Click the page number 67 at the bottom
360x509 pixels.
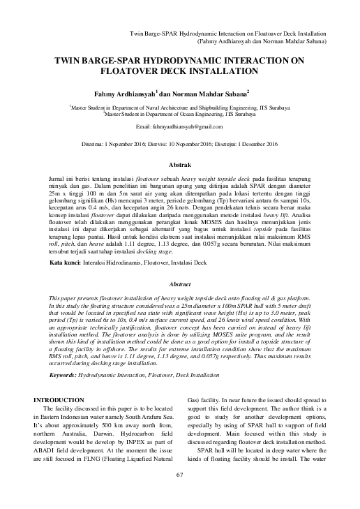coord(179,495)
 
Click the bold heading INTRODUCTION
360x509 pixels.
coord(65,399)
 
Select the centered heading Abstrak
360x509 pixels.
coord(180,164)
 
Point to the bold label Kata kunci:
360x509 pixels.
coord(68,266)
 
